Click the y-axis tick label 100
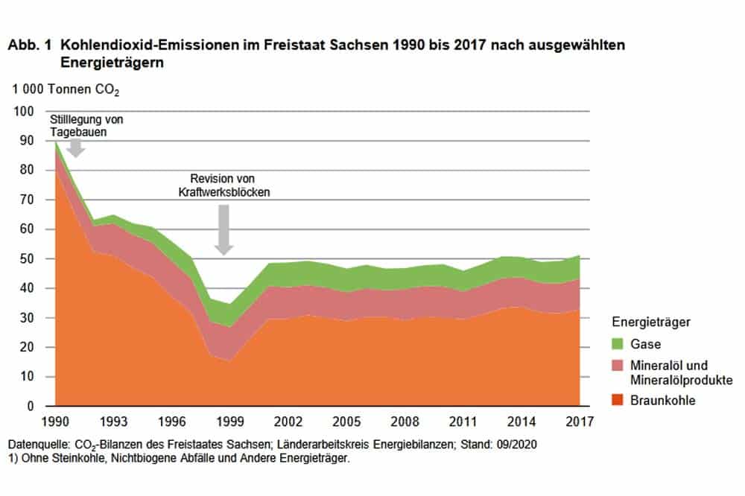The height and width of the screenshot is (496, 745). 25,112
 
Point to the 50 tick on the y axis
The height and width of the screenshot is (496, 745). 28,259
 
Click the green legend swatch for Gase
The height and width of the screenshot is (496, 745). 618,345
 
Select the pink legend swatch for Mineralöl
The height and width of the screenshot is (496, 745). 618,366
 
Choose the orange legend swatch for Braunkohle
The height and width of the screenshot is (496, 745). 618,401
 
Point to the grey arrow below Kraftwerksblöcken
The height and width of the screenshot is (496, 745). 223,229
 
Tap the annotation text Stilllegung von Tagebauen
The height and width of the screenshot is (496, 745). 86,125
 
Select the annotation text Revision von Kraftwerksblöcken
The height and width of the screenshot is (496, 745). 223,185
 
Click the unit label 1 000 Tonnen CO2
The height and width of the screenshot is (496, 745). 65,91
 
